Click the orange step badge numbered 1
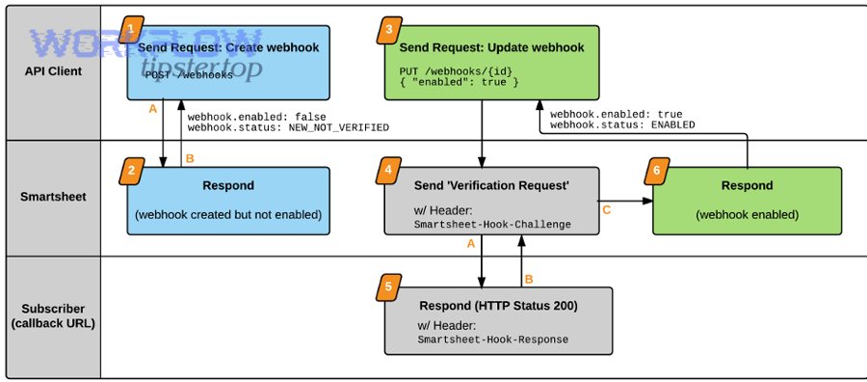pos(132,29)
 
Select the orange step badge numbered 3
pos(388,30)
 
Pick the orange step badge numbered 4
pos(388,171)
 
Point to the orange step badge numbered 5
pos(388,286)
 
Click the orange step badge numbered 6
pos(656,171)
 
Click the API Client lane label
pos(53,70)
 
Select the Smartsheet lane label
pos(53,197)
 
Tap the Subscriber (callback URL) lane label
pos(53,316)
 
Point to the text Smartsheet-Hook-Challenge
pos(492,224)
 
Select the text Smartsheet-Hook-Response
pos(492,340)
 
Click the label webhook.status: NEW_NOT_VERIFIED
pos(288,127)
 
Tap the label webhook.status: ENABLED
pos(622,124)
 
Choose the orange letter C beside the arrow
pos(606,209)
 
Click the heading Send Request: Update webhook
pos(491,47)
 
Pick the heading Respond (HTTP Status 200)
pos(498,306)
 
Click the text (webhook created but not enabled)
pos(227,214)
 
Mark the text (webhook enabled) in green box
pos(747,214)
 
